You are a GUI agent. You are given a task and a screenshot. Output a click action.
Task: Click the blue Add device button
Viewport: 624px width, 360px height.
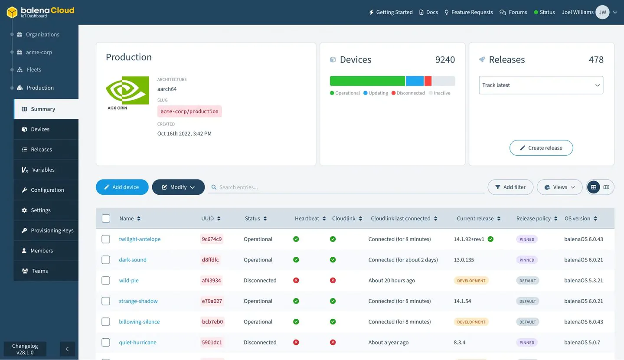pyautogui.click(x=122, y=187)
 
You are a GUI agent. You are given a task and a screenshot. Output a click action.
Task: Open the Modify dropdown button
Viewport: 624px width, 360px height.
pyautogui.click(x=178, y=187)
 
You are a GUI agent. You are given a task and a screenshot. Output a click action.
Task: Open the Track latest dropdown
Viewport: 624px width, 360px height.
pyautogui.click(x=541, y=85)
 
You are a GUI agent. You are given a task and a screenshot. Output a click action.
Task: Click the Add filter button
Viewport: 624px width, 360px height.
pyautogui.click(x=510, y=187)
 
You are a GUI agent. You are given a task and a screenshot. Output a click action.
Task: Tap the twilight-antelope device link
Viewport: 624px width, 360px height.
pyautogui.click(x=140, y=239)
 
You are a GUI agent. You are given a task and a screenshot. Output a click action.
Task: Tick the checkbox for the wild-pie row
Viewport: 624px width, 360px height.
pyautogui.click(x=105, y=280)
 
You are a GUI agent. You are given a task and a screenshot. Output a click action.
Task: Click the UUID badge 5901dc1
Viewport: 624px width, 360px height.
pyautogui.click(x=212, y=342)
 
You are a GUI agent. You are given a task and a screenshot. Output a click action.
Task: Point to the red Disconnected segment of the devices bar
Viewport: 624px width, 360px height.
pyautogui.click(x=428, y=81)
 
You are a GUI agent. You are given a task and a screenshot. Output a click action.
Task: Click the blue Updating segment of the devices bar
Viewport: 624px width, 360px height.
pyautogui.click(x=415, y=81)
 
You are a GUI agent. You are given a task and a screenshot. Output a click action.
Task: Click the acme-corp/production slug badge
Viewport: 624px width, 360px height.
pyautogui.click(x=189, y=111)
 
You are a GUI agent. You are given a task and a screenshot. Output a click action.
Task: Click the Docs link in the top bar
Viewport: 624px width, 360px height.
pyautogui.click(x=428, y=12)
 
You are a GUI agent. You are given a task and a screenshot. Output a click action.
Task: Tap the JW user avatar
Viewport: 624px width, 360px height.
pyautogui.click(x=602, y=12)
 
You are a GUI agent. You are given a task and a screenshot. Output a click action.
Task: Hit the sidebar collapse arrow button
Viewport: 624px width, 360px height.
pyautogui.click(x=67, y=349)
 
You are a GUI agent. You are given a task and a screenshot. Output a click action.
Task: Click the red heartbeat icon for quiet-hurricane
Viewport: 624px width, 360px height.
pyautogui.click(x=296, y=342)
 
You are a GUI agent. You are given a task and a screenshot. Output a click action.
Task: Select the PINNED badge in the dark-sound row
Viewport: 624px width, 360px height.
pyautogui.click(x=526, y=260)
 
